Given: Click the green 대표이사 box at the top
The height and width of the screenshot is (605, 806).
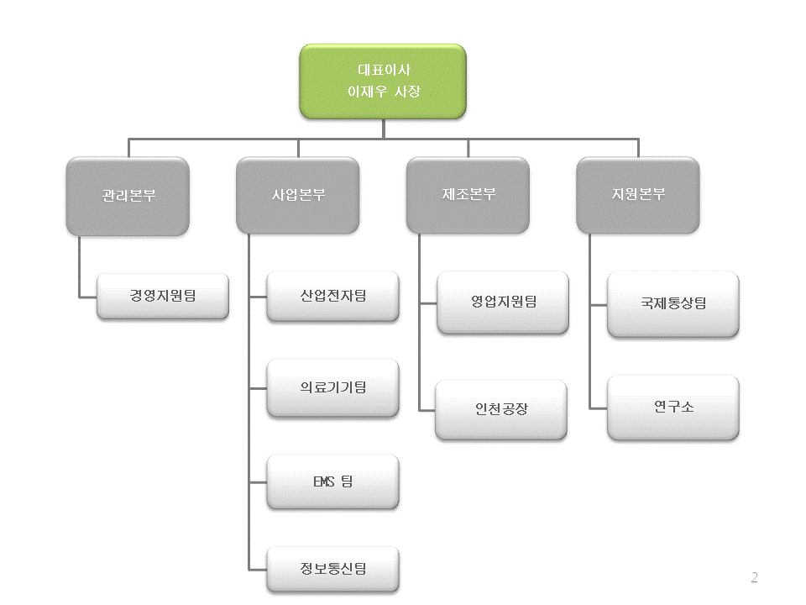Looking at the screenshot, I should [x=384, y=81].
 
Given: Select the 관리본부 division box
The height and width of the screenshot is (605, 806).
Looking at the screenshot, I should [x=128, y=195].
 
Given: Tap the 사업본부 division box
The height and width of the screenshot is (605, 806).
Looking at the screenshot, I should [x=298, y=195].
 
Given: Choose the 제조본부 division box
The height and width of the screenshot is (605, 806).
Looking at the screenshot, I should [x=468, y=195].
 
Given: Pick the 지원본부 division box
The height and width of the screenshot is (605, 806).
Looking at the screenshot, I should [x=638, y=195].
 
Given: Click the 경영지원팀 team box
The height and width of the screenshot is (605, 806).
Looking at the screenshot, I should [x=163, y=296].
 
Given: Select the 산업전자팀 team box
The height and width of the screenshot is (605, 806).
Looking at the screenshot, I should [x=333, y=296].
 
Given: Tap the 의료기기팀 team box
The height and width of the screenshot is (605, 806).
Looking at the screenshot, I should [x=333, y=387].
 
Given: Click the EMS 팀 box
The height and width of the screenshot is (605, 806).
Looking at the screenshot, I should [x=333, y=481].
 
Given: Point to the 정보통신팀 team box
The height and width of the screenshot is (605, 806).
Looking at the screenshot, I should [x=333, y=569].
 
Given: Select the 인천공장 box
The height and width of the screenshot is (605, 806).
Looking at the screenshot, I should [x=501, y=410].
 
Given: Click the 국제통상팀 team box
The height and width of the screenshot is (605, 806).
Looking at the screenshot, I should [x=673, y=303].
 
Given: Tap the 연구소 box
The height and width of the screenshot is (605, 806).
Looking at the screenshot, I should [x=673, y=408].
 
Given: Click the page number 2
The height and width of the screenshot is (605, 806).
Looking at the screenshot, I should [x=754, y=577].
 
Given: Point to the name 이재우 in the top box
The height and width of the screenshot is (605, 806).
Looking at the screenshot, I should [x=367, y=91].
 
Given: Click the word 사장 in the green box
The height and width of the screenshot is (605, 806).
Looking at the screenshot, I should [x=407, y=91].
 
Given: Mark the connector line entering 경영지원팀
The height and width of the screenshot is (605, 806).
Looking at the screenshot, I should [x=87, y=297].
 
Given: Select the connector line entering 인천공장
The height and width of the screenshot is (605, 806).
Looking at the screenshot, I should [x=427, y=409].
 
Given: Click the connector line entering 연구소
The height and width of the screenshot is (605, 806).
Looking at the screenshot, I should [x=598, y=408].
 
